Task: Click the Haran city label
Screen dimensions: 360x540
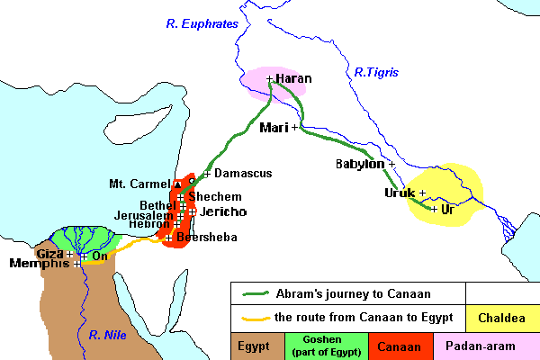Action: coord(293,78)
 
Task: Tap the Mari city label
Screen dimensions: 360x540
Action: coord(273,128)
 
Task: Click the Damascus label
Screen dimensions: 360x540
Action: coord(241,173)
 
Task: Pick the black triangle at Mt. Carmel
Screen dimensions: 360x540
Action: coord(177,184)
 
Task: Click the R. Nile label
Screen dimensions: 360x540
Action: coord(109,335)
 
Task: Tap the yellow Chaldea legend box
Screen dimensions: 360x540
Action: coord(503,317)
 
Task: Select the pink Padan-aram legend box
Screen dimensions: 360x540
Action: coord(487,345)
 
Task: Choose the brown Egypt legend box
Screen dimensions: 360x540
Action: coord(256,345)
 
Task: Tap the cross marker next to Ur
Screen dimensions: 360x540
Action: coord(435,209)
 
